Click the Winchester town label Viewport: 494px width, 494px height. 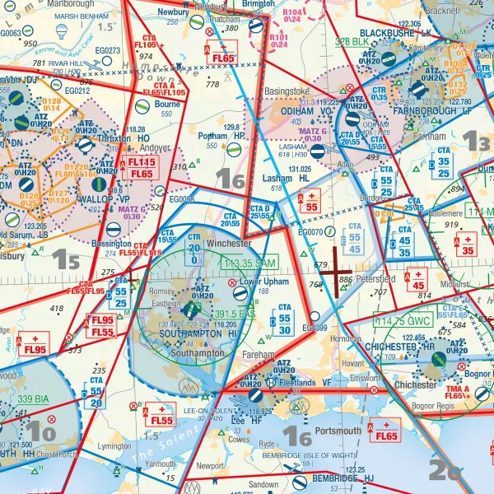click(x=228, y=245)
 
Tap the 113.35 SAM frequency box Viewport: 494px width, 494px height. click(x=249, y=263)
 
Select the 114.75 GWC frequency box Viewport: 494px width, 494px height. click(x=403, y=320)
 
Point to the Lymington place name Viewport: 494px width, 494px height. click(x=114, y=445)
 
